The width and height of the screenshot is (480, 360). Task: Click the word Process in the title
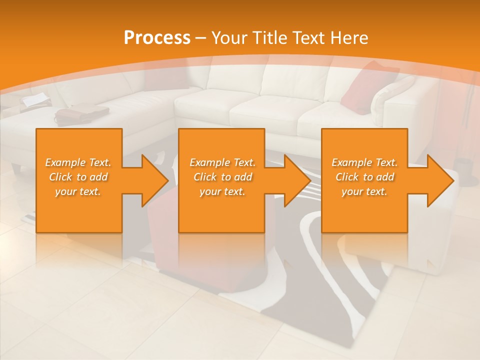(157, 38)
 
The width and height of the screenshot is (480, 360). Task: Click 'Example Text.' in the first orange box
(78, 162)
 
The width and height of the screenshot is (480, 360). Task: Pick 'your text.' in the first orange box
(78, 191)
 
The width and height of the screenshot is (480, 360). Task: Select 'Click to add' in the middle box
(222, 177)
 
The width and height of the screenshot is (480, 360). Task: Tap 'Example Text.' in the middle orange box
(222, 162)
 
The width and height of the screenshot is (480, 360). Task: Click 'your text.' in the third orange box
(364, 191)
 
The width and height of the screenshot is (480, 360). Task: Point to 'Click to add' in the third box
(364, 177)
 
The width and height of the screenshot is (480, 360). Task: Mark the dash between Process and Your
(201, 38)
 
